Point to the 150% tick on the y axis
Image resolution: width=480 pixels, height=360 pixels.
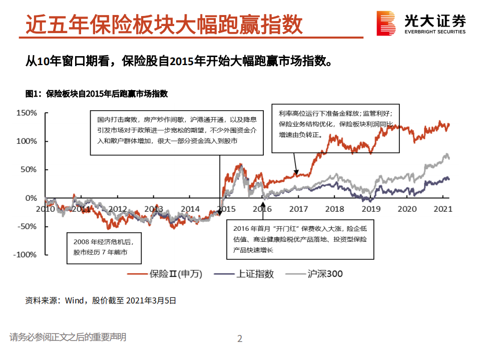27,113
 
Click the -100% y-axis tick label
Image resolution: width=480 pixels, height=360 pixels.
25,254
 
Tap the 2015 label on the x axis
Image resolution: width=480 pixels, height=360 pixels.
226,209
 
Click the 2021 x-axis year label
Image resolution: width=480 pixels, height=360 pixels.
443,209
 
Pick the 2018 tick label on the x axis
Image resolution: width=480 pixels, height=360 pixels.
334,209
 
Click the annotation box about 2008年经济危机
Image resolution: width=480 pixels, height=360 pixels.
104,247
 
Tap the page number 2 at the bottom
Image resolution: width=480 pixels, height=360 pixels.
240,339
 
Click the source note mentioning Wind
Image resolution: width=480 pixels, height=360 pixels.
101,300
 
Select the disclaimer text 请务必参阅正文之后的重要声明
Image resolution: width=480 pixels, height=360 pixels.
68,337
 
